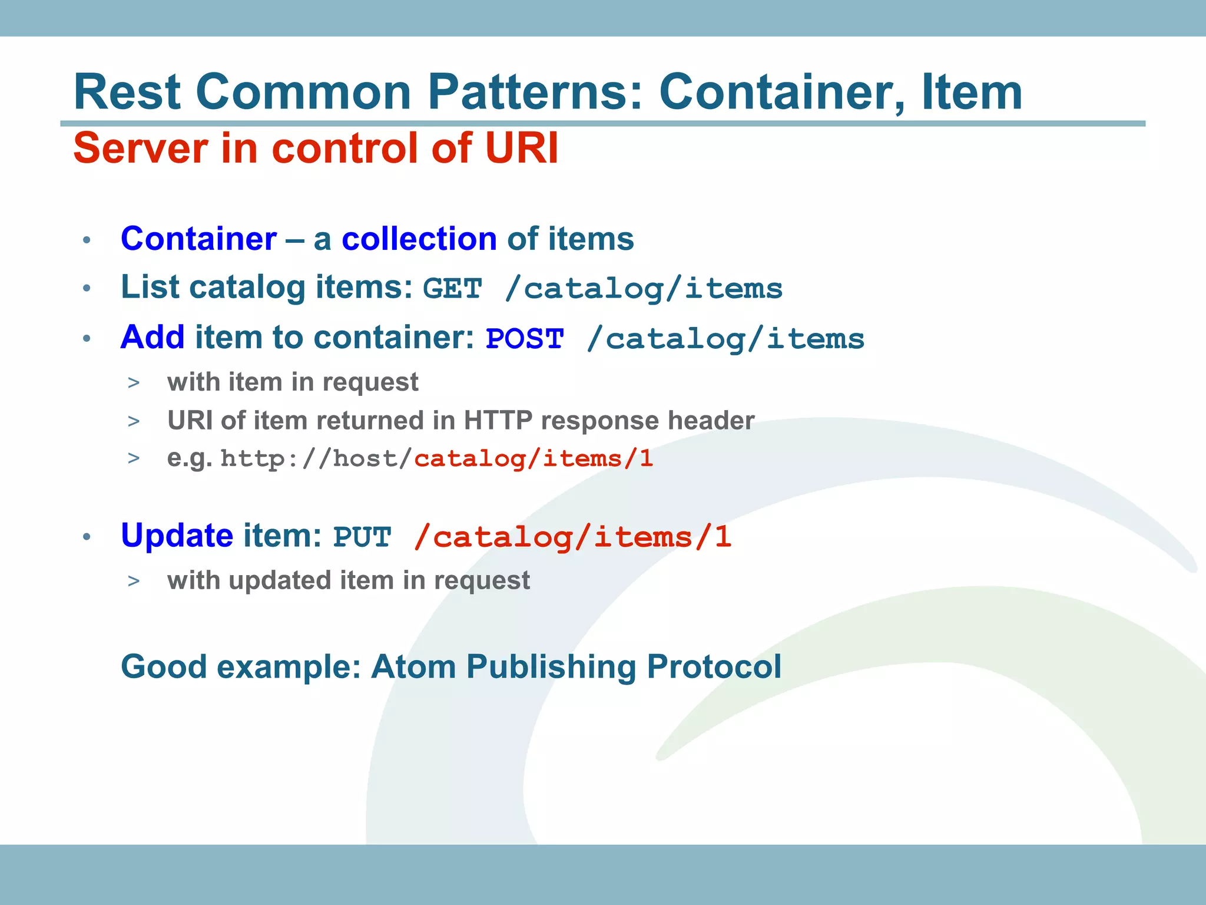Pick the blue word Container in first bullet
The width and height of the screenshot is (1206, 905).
[x=198, y=239]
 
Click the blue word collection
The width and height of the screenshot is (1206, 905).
[x=419, y=239]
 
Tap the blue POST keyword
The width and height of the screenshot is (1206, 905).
[x=525, y=339]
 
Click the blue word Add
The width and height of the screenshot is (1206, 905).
[x=153, y=338]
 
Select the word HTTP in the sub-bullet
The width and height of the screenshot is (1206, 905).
[x=498, y=421]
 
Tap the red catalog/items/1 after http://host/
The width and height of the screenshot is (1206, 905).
[x=534, y=459]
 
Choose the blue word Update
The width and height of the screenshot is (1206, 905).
[x=177, y=536]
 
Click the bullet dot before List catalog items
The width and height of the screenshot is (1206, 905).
[x=87, y=289]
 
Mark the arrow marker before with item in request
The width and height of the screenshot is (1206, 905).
[x=134, y=383]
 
